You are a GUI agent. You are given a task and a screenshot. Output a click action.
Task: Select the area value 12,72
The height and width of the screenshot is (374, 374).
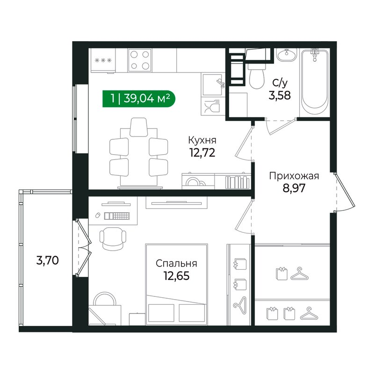coord(202,153)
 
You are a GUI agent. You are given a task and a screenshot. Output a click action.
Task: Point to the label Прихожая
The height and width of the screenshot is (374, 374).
coord(294,176)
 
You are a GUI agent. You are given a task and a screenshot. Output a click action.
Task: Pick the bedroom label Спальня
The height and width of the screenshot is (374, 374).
coord(177,264)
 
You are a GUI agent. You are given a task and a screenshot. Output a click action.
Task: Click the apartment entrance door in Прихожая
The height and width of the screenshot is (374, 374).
coord(345,192)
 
